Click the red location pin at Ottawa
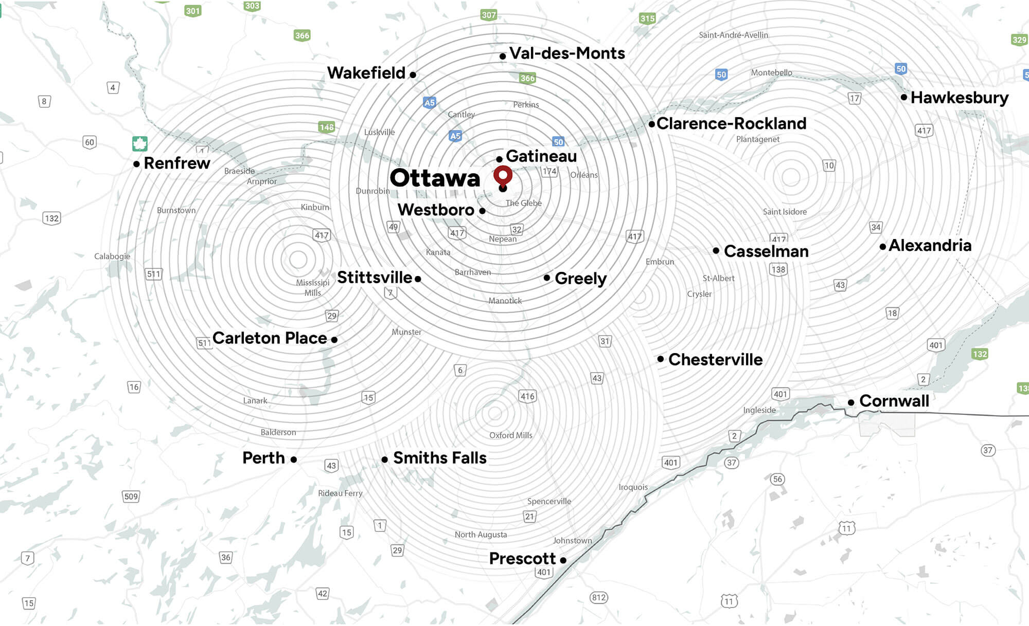503,175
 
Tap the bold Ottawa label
435,178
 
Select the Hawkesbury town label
959,98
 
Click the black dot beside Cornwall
851,402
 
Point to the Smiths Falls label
439,458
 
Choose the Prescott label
522,559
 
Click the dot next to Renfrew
136,164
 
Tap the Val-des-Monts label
566,53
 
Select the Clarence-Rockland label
731,124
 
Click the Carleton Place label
270,338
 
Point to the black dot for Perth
293,459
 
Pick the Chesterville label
715,360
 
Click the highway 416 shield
527,396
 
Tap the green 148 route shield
326,127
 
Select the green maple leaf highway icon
140,143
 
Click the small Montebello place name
771,72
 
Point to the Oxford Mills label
510,435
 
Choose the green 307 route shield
488,15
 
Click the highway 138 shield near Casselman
778,269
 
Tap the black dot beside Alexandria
883,247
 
